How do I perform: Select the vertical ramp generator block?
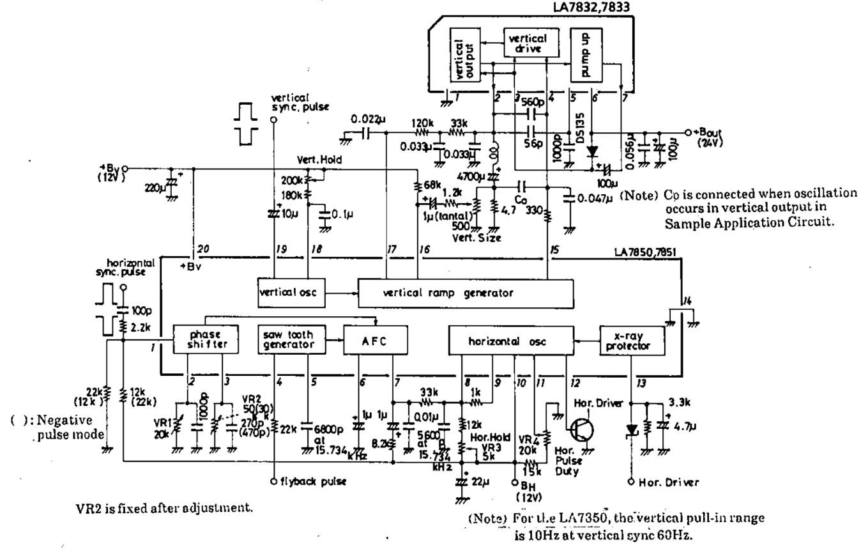[x=466, y=293]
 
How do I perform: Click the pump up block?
[x=586, y=54]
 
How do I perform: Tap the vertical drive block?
[x=526, y=43]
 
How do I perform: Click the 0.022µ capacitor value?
[x=369, y=118]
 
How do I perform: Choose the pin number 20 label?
[x=202, y=249]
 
